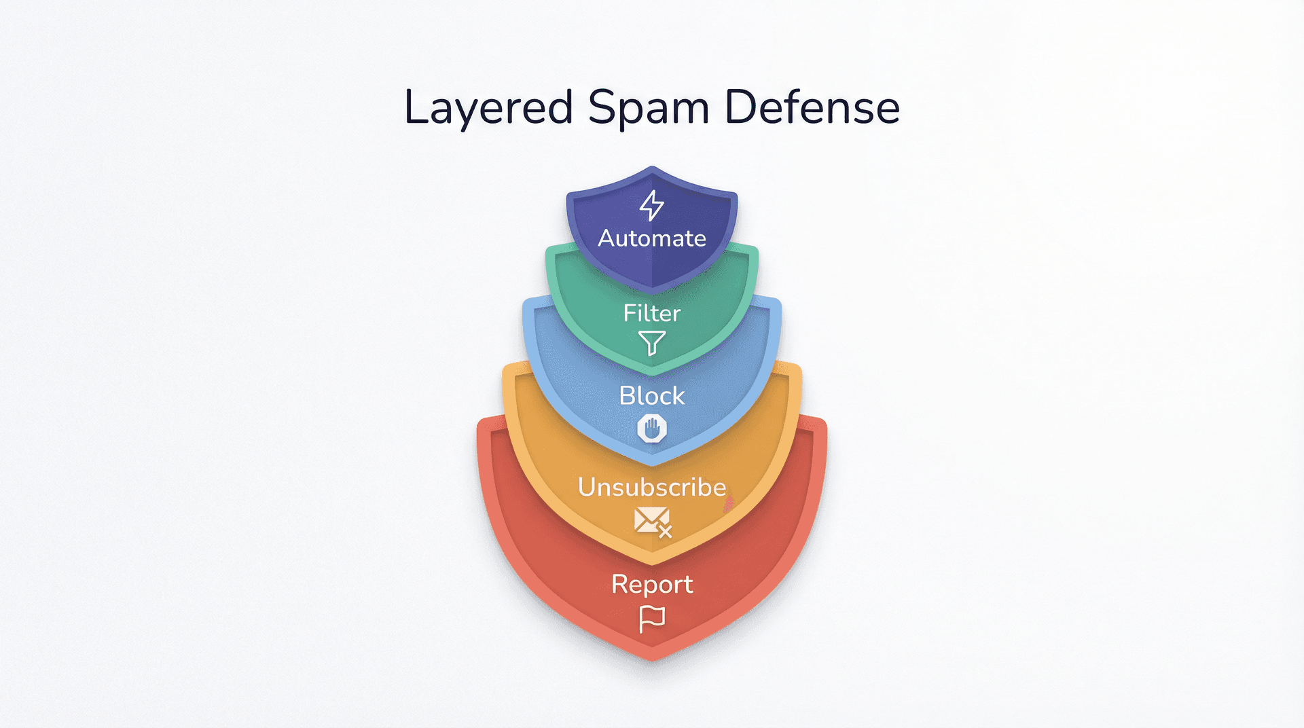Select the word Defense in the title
coord(812,107)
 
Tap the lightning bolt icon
coord(652,204)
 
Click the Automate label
coord(652,238)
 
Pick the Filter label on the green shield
coord(652,313)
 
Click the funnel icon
coord(652,343)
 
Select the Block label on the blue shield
coord(652,396)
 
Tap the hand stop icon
coord(652,429)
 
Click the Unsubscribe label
coord(652,488)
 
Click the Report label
coord(652,585)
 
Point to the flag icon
coord(652,619)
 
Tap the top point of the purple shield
coord(652,168)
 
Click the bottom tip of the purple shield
coord(652,292)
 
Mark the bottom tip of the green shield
coord(652,374)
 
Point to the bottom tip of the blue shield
coord(652,464)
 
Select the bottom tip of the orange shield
coord(652,563)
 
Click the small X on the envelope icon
coord(665,532)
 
